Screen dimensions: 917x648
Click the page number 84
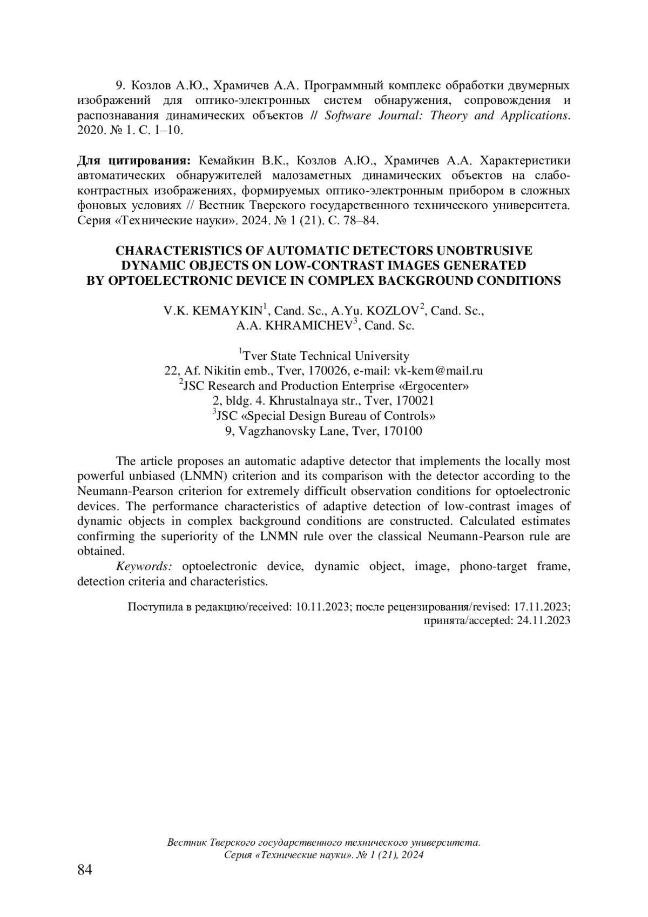[x=85, y=869]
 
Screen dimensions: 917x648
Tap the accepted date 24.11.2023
[x=543, y=621]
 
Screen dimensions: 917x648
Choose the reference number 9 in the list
[x=120, y=85]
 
